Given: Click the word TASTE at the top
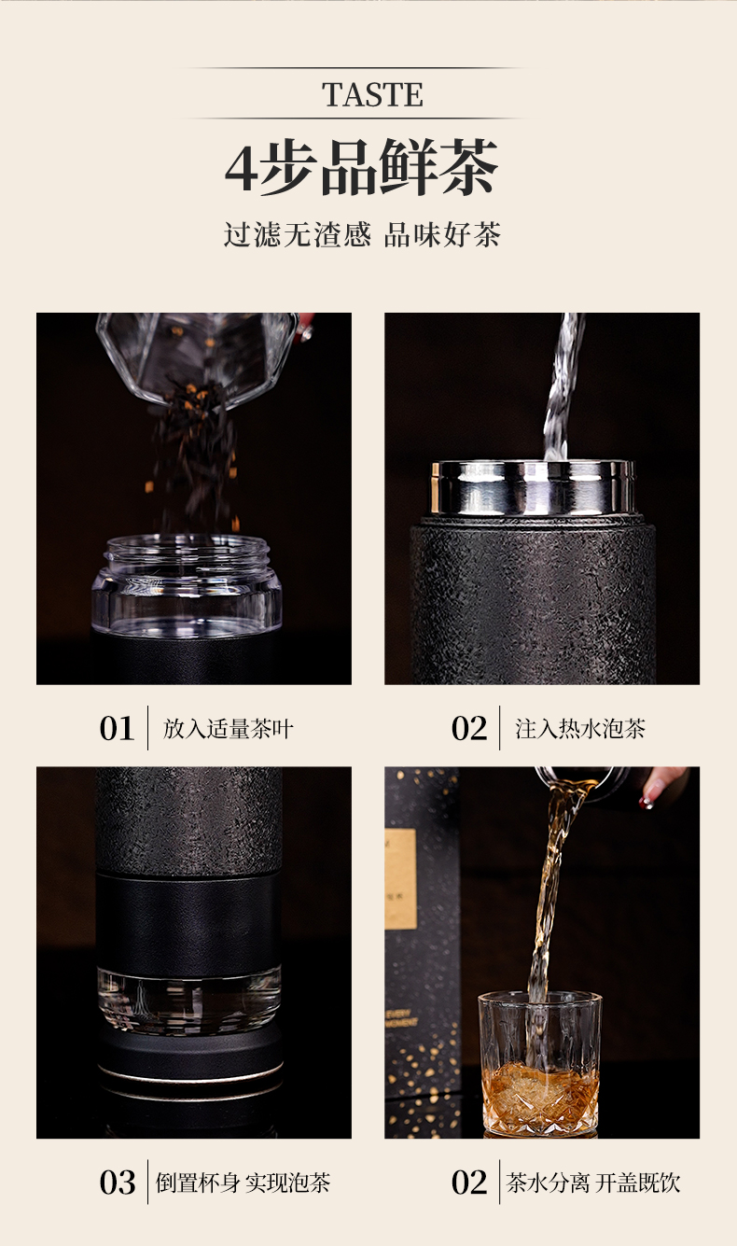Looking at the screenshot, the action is (x=372, y=94).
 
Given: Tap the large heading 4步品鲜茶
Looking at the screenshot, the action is (x=361, y=167).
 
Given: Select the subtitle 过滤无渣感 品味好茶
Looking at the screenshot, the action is (x=362, y=234).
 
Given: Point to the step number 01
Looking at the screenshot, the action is (x=117, y=728).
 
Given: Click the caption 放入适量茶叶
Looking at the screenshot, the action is (x=228, y=729).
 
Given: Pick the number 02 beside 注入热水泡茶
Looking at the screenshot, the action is (x=469, y=728).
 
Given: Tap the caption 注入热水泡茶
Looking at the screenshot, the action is (x=580, y=729).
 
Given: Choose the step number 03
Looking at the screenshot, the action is (x=118, y=1182).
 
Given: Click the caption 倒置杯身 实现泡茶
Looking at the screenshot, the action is (x=243, y=1183).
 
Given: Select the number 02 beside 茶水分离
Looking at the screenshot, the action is (x=469, y=1182).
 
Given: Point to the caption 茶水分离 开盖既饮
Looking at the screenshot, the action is (x=593, y=1183).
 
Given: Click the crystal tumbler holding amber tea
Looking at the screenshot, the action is (x=540, y=1064).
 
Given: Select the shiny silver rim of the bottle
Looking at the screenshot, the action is (x=534, y=488).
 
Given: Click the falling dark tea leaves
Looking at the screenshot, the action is (x=195, y=456).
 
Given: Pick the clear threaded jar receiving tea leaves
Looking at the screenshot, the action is (x=187, y=584).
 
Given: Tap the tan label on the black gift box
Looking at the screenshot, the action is (x=400, y=879).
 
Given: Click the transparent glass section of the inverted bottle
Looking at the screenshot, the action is (x=189, y=1000).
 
